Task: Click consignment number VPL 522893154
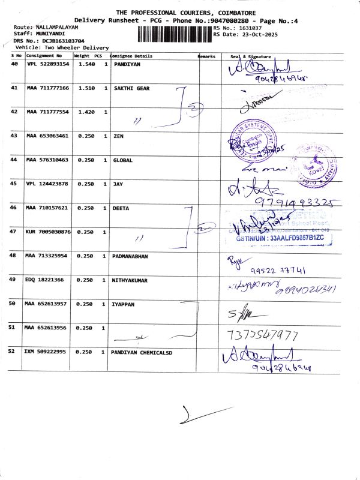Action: click(x=48, y=64)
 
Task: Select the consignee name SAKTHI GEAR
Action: click(x=131, y=88)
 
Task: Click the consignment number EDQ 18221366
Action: click(x=45, y=280)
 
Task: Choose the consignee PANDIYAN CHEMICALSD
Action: click(x=143, y=352)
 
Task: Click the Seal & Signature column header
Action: click(x=251, y=56)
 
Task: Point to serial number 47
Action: click(x=14, y=232)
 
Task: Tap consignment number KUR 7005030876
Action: click(x=48, y=232)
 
